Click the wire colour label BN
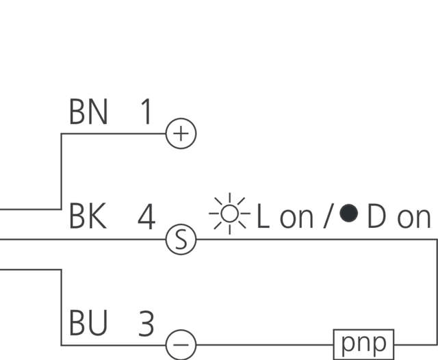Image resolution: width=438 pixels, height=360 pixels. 88,112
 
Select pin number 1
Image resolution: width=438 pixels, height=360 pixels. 145,112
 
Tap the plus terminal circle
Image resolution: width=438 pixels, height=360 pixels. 181,133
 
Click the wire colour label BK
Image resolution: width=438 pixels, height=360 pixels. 88,218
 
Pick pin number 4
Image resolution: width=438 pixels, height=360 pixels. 146,218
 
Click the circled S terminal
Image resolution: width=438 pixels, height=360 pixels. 181,240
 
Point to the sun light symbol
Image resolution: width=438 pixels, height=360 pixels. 230,214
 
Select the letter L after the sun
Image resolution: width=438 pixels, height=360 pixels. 263,218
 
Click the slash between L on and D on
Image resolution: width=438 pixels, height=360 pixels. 328,218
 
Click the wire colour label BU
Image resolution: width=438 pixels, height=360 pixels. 88,324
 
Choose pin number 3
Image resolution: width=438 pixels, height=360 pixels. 146,324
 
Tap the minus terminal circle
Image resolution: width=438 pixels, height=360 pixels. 181,344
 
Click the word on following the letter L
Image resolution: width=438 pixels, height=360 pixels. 296,219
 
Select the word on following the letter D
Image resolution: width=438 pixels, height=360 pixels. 413,219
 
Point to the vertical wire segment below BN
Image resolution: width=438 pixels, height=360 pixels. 62,171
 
